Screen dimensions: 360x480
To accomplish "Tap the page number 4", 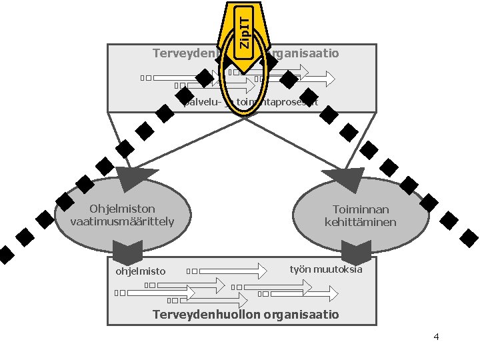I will [x=436, y=337].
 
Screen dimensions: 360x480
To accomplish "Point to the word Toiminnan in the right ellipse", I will [x=361, y=209].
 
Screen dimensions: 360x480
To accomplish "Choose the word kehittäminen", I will [x=361, y=222].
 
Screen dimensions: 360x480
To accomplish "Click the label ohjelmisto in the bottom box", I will [x=140, y=271].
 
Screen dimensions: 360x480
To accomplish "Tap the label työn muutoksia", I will [x=326, y=269].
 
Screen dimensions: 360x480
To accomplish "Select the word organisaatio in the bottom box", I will [x=303, y=314].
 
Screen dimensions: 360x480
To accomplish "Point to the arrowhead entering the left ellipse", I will [x=129, y=178].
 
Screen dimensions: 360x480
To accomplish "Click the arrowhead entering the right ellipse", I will [x=345, y=179].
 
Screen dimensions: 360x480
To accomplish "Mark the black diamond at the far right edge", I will [x=470, y=236].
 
